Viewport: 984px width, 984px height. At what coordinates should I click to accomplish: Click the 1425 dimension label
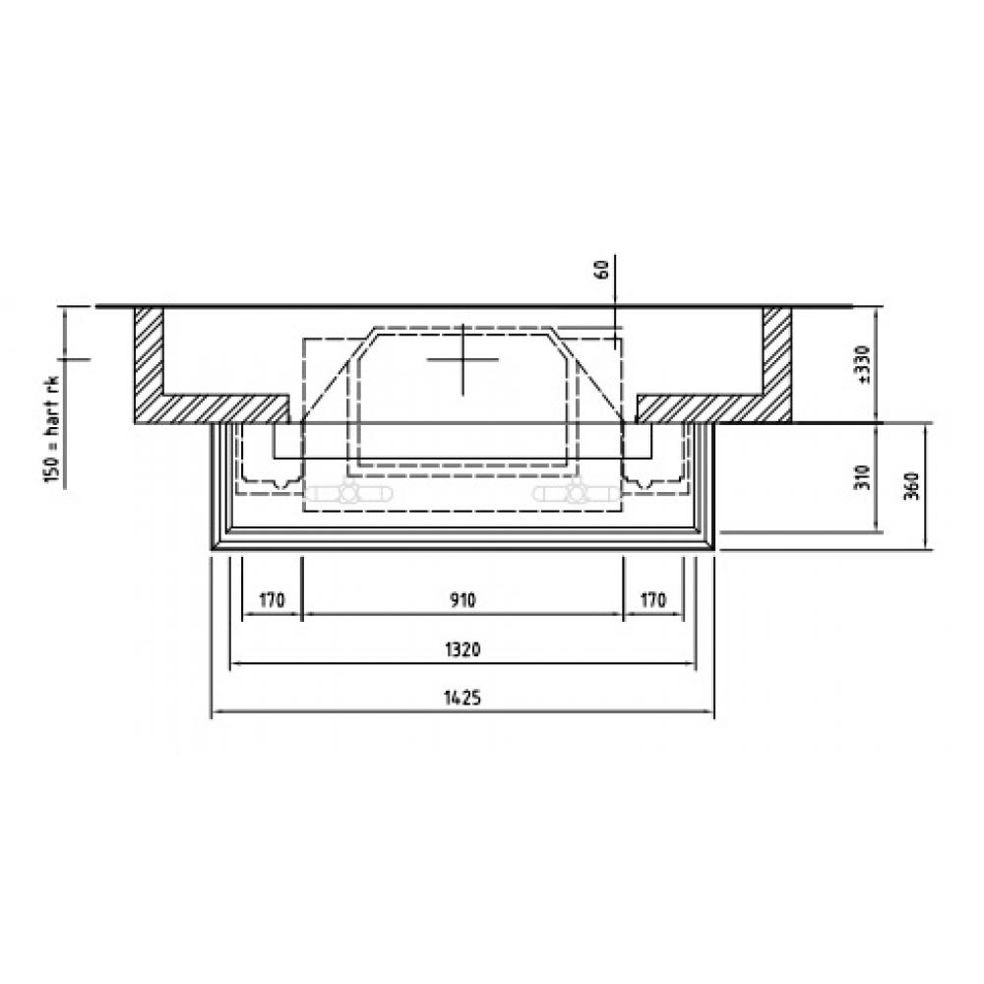pos(462,698)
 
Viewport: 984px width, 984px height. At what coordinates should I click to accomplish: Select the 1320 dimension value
pos(462,648)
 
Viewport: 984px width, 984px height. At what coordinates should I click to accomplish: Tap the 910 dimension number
pos(462,600)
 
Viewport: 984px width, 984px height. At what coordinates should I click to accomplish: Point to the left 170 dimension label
pos(272,600)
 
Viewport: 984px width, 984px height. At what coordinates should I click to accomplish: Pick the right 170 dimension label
pos(652,600)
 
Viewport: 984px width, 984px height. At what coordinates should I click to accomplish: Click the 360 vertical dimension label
pos(913,485)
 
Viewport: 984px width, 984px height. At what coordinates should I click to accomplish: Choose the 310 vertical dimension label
pos(864,478)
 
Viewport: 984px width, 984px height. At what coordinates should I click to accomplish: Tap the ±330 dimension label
pos(864,365)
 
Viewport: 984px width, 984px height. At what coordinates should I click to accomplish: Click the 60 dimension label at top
pos(601,270)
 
